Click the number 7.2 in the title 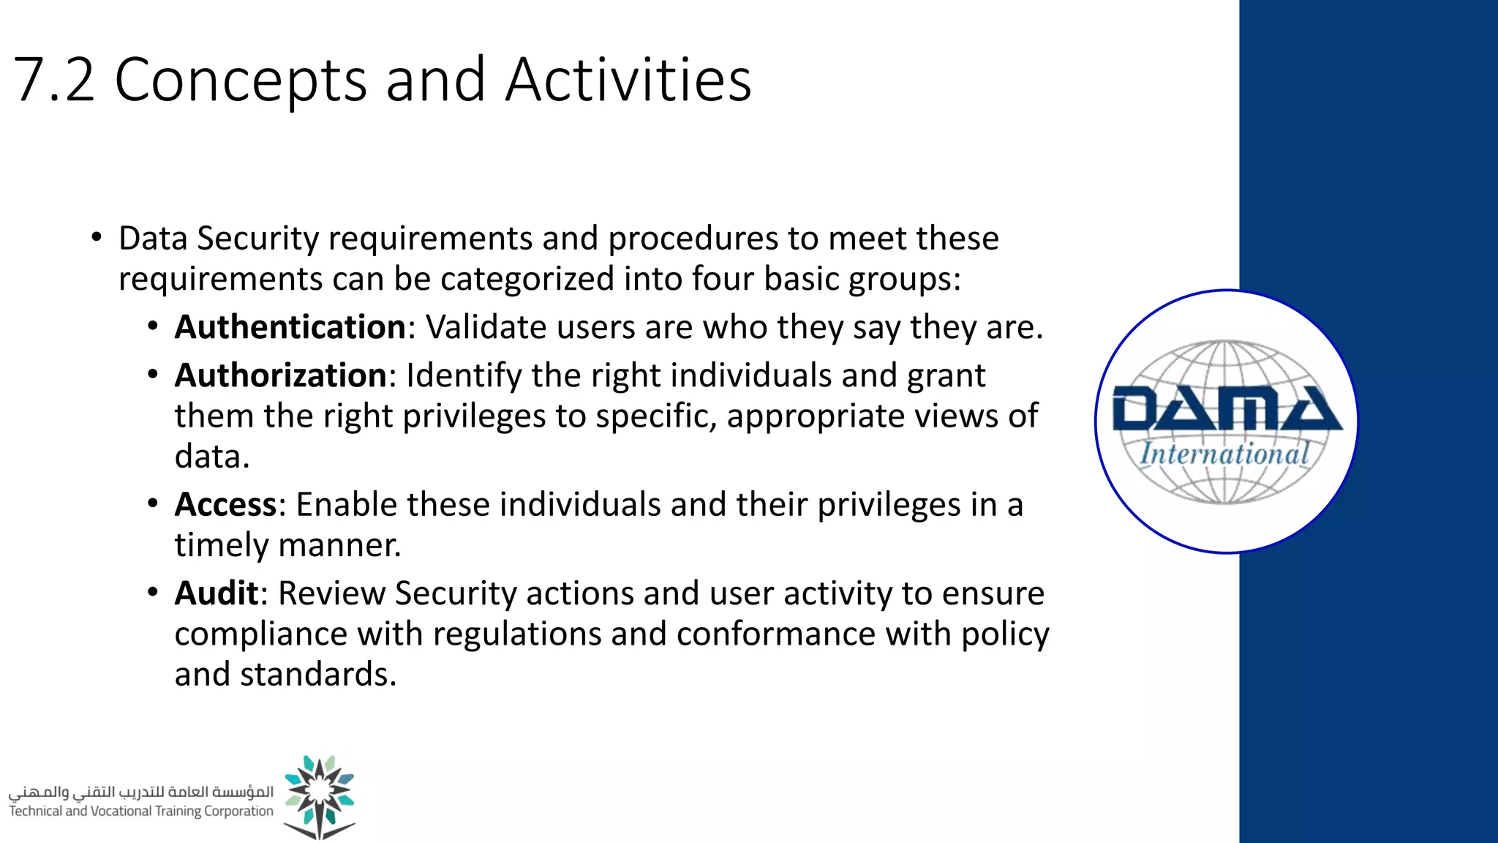coord(55,79)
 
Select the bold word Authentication coord(290,327)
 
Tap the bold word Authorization coord(280,375)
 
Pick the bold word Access coord(225,505)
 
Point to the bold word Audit coord(216,593)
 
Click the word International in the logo coord(1224,454)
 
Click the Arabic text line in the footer coord(140,792)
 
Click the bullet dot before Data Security coord(97,238)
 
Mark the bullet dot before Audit coord(152,591)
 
